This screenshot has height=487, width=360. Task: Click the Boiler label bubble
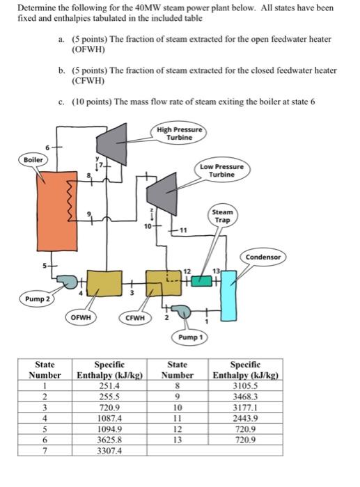pyautogui.click(x=33, y=159)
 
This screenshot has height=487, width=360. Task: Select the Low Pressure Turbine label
pyautogui.click(x=221, y=170)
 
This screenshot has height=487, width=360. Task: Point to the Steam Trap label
pyautogui.click(x=222, y=216)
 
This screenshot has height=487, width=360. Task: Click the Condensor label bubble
pyautogui.click(x=263, y=257)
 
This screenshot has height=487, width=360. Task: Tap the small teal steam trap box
pyautogui.click(x=201, y=280)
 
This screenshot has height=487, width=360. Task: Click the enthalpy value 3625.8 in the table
pyautogui.click(x=110, y=440)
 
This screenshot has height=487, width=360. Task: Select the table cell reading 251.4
pyautogui.click(x=110, y=385)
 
